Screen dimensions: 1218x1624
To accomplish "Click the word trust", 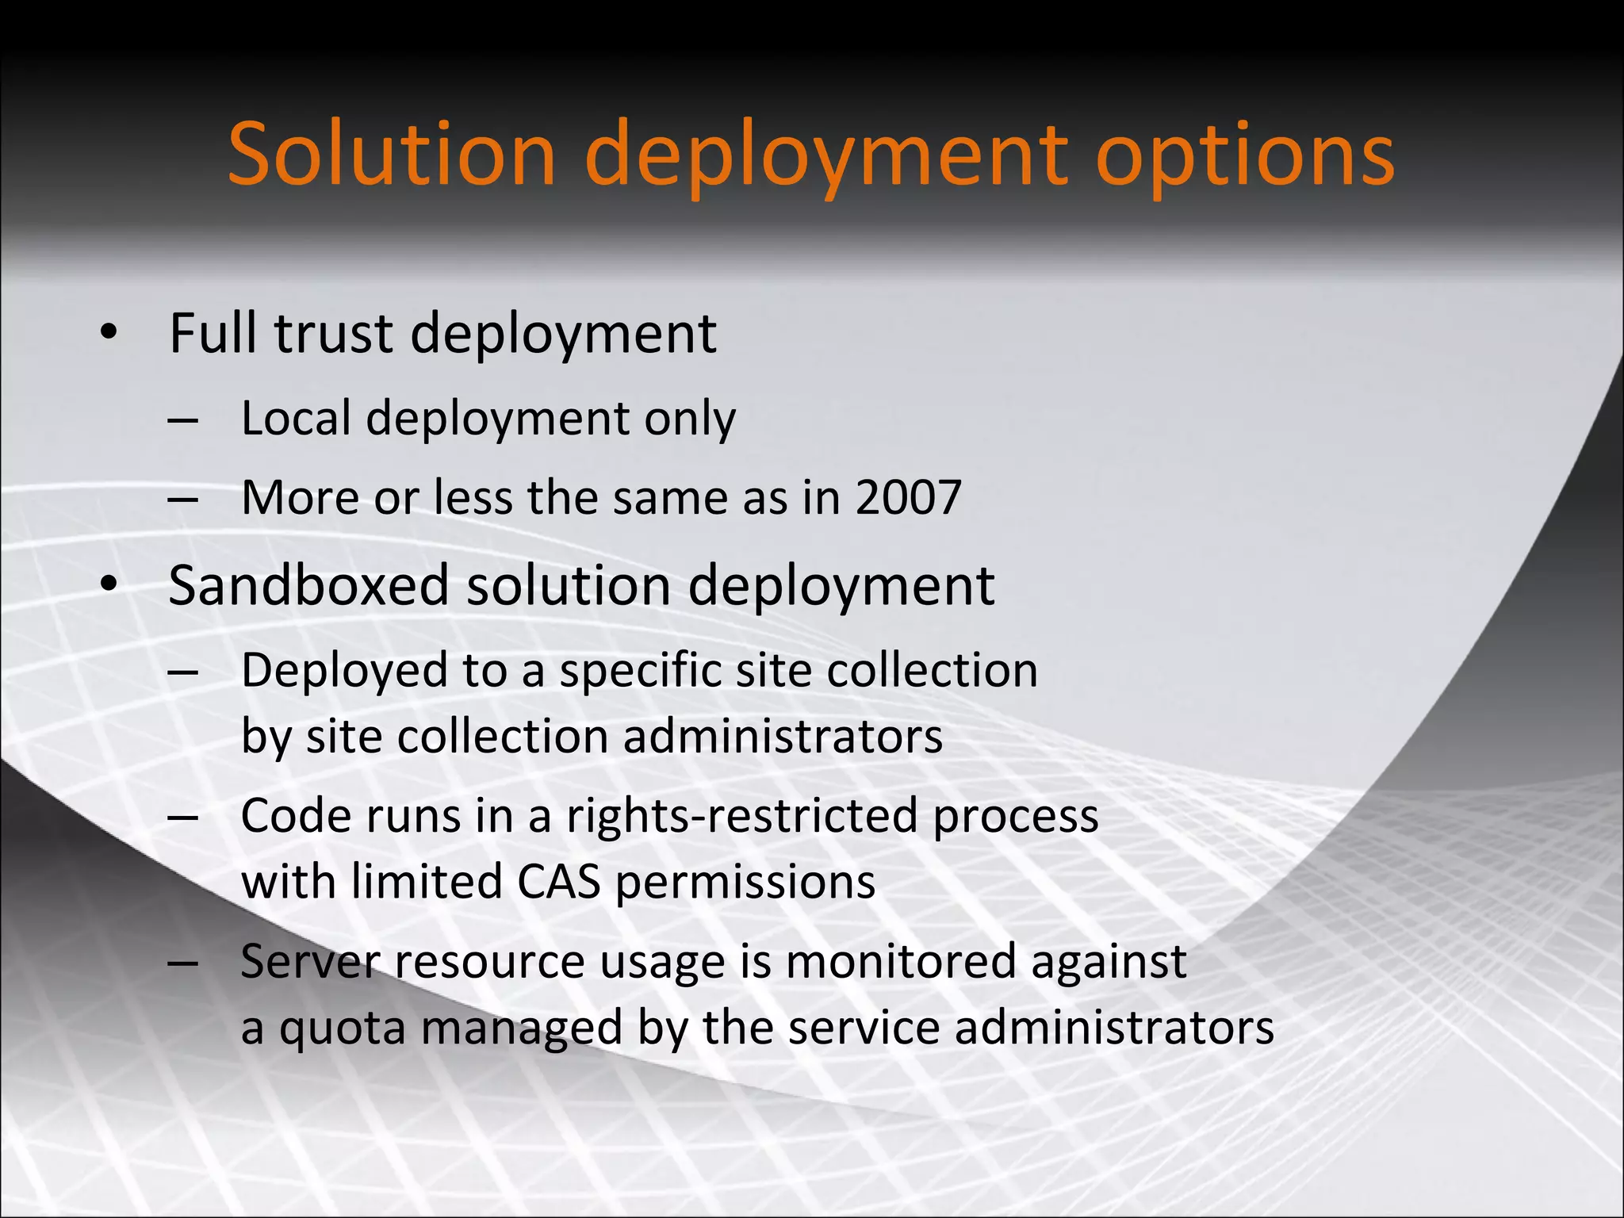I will coord(333,333).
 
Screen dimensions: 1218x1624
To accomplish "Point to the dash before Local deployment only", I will coord(183,420).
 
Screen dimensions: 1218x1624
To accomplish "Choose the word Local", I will coord(296,418).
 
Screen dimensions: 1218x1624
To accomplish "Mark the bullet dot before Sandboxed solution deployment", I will coord(109,585).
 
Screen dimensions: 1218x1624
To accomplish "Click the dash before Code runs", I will coord(183,817).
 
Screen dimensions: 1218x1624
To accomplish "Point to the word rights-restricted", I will coord(742,817).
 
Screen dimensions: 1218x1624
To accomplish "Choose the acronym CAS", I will coord(558,882).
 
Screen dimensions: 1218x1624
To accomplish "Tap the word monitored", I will coord(901,961).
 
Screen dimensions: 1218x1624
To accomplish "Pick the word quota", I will coord(342,1028).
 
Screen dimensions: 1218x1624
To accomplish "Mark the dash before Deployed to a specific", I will coord(183,672).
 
